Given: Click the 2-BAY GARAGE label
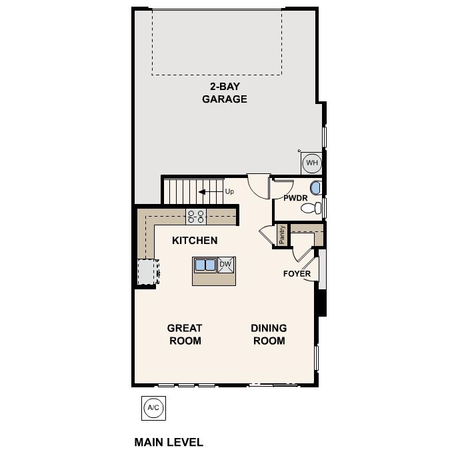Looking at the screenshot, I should (225, 93).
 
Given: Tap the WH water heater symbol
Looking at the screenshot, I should (311, 163).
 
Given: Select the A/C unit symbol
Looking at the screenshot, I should (153, 408).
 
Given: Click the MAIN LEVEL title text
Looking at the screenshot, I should (169, 442).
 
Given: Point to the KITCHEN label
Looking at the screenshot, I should (195, 240).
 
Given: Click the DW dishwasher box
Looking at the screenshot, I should (225, 265).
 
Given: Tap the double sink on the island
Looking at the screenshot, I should (205, 265).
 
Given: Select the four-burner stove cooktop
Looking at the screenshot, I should (196, 216).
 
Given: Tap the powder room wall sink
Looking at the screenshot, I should (317, 189).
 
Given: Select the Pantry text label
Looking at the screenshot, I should (283, 235).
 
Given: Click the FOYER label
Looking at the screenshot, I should (297, 274).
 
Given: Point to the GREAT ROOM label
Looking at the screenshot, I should (184, 334).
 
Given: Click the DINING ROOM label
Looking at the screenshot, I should (269, 334).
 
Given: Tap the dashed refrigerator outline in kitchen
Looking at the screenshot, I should (146, 272).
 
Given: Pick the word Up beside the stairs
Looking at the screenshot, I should (229, 192).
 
